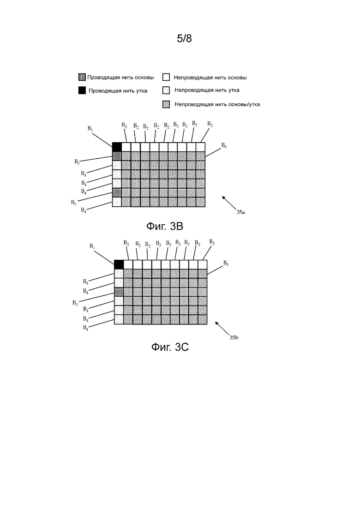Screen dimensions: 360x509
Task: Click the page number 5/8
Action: click(184, 39)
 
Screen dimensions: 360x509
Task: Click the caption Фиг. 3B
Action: click(165, 226)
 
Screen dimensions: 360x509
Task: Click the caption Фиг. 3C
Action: click(170, 347)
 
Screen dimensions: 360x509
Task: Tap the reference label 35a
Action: click(240, 212)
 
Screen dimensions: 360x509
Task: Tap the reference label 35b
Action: click(234, 338)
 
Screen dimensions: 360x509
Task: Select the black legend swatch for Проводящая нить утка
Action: click(82, 90)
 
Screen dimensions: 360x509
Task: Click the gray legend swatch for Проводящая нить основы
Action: click(82, 77)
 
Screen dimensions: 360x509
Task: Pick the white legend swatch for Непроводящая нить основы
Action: click(166, 77)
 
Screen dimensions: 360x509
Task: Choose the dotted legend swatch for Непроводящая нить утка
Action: click(166, 90)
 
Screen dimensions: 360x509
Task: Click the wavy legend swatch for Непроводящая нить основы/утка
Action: click(166, 104)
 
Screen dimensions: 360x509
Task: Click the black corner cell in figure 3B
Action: click(117, 147)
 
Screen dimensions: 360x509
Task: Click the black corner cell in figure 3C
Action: click(119, 264)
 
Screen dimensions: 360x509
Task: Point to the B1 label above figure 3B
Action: click(90, 129)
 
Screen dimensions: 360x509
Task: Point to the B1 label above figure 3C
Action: click(92, 246)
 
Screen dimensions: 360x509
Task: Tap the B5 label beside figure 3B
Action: click(224, 145)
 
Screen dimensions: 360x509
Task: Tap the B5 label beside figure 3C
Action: click(226, 263)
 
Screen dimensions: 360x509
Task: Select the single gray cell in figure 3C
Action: click(119, 292)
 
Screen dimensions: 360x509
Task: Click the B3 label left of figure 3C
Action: click(75, 303)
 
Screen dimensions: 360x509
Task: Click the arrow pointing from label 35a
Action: click(229, 203)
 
